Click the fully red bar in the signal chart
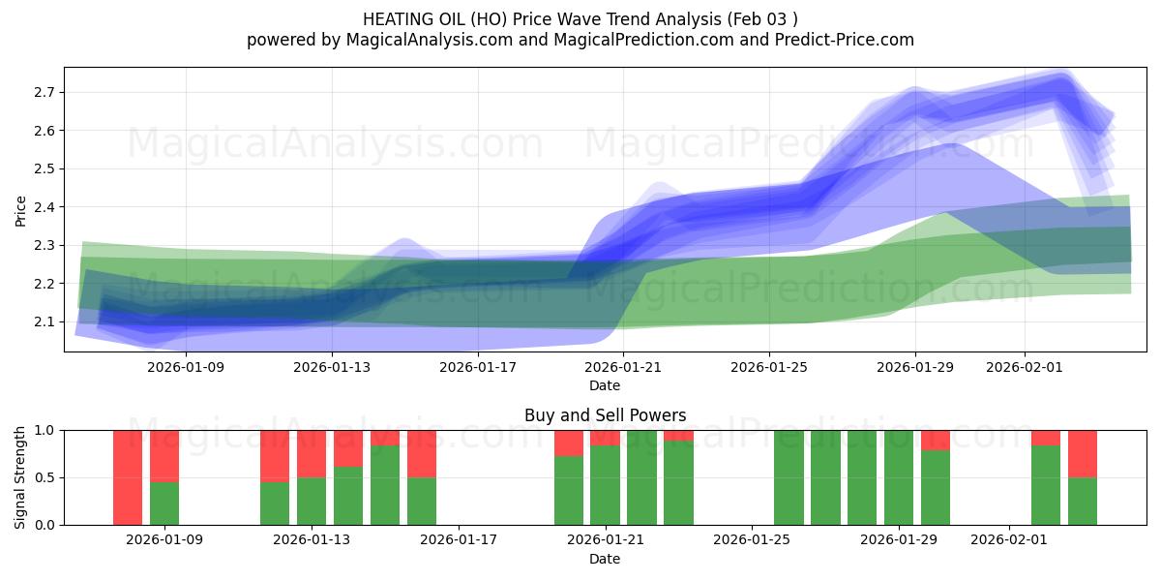[128, 476]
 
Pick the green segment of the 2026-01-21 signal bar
[605, 484]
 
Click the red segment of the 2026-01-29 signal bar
[936, 440]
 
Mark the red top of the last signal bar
[1083, 453]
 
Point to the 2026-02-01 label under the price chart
[1025, 367]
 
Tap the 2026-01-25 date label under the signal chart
[752, 540]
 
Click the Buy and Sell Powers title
[605, 415]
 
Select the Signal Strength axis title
[20, 477]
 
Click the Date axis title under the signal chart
[605, 559]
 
